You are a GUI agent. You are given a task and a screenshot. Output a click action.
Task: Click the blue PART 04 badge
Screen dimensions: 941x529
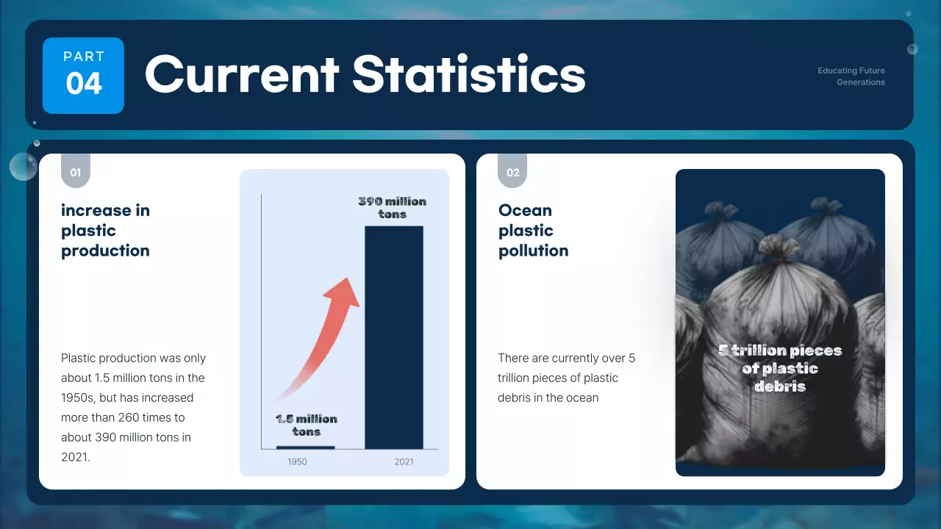[x=83, y=76]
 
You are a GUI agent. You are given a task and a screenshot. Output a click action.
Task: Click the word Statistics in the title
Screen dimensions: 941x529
[x=469, y=74]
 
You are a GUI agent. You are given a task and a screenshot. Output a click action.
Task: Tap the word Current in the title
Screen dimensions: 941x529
[x=242, y=74]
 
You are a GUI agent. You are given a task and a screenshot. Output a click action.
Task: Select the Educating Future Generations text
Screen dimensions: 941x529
[x=851, y=76]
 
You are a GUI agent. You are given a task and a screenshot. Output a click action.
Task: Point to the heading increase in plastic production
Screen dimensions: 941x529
[x=105, y=230]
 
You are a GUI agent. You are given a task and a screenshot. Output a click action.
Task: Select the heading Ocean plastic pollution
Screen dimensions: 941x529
[x=534, y=230]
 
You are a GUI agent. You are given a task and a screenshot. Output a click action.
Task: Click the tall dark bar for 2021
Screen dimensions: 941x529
[x=394, y=337]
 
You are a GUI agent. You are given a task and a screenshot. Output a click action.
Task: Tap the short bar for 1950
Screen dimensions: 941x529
[x=305, y=447]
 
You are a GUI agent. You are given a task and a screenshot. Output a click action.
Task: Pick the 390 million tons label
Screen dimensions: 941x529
[x=393, y=208]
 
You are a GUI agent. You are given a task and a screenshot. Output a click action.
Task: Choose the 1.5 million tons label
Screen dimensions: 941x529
[x=307, y=425]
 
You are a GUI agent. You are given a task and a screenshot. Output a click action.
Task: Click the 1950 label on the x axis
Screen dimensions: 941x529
[x=297, y=462]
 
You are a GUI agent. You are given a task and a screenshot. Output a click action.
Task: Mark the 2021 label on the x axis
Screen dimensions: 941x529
[x=404, y=462]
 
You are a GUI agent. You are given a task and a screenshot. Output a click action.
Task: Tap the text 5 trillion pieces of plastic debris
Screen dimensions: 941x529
[x=780, y=368]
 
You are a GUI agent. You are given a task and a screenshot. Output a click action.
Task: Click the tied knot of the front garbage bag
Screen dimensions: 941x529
[x=780, y=247]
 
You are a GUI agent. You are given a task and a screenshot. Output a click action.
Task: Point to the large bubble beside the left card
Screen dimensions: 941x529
[x=23, y=167]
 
